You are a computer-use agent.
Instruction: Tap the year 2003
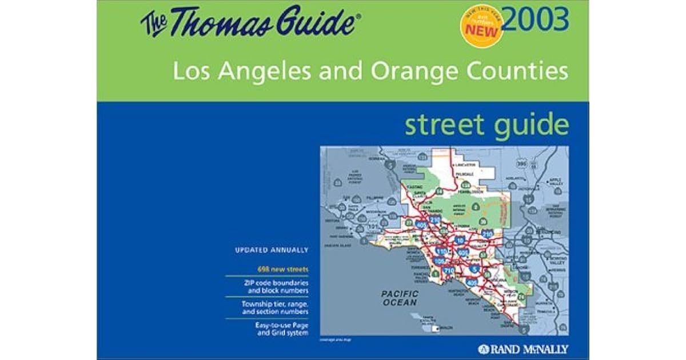pyautogui.click(x=537, y=20)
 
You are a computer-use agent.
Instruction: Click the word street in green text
pyautogui.click(x=442, y=125)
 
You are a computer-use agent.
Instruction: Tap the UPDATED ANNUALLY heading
pyautogui.click(x=272, y=250)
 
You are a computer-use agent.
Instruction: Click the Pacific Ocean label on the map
pyautogui.click(x=400, y=298)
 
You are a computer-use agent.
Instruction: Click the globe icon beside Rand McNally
pyautogui.click(x=482, y=349)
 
